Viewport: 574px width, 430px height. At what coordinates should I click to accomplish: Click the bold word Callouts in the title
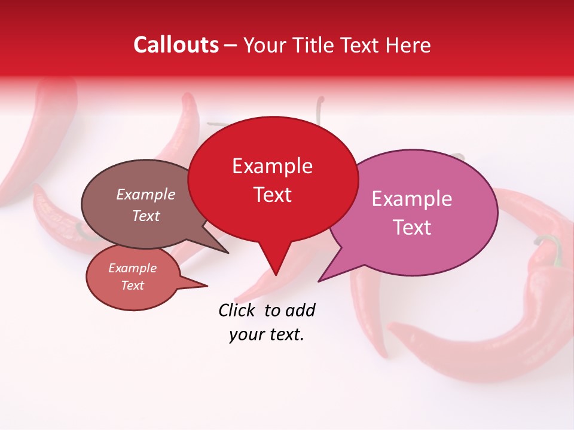pos(176,45)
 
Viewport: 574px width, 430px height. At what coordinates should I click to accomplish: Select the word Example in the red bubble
pos(272,166)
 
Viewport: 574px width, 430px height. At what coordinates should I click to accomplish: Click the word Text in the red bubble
pos(272,195)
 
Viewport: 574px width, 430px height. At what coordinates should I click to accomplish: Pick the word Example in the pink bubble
pos(412,199)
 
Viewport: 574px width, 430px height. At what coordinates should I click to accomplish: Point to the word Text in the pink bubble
pos(412,228)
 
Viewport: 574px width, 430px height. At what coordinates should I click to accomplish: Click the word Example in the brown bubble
pos(146,194)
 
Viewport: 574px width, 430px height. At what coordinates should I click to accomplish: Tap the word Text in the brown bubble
pos(146,216)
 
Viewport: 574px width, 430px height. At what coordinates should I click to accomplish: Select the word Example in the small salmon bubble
pos(132,268)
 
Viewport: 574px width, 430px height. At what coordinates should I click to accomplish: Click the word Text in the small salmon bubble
pos(132,285)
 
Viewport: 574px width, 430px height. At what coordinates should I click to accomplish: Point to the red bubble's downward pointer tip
pos(276,275)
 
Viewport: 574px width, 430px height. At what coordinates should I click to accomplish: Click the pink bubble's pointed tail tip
pos(319,281)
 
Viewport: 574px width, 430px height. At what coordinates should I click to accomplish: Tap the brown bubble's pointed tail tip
pos(228,253)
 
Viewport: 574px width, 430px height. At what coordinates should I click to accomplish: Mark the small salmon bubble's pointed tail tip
pos(207,285)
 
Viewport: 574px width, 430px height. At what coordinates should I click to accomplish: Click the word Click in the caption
pos(237,310)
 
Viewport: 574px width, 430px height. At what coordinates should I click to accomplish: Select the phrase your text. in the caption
pos(267,335)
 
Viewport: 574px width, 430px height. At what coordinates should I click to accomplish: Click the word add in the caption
pos(300,310)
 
